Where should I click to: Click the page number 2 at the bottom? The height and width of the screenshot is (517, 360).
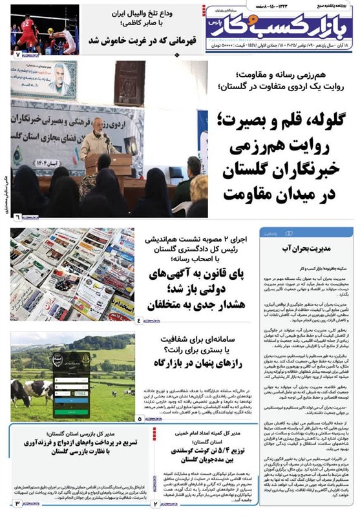(x=154, y=503)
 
